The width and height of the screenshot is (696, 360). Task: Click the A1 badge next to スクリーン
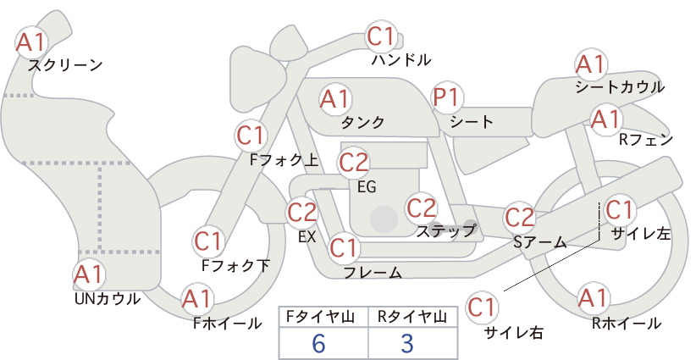click(30, 42)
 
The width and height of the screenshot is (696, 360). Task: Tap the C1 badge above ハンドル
click(381, 37)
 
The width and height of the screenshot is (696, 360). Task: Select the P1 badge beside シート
click(447, 97)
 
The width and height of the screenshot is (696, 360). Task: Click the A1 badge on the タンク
click(335, 99)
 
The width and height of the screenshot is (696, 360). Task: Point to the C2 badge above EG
click(354, 163)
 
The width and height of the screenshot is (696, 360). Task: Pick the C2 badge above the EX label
click(302, 213)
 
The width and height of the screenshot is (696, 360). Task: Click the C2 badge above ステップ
click(422, 208)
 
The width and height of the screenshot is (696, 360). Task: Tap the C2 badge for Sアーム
click(519, 218)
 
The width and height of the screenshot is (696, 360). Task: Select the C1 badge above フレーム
click(344, 247)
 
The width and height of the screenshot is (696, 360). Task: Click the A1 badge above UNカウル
click(89, 275)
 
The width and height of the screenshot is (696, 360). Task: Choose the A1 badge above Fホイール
click(196, 300)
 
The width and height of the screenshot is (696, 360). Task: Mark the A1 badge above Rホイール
click(593, 298)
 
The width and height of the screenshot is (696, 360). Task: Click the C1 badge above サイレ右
click(482, 307)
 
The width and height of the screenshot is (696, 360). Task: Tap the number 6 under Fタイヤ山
click(318, 343)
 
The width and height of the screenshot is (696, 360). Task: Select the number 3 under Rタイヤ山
click(407, 343)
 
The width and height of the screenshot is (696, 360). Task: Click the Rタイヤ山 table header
click(412, 317)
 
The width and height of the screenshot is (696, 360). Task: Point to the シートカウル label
click(620, 87)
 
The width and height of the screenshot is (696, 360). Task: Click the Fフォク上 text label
click(284, 160)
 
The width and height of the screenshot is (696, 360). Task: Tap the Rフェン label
click(646, 140)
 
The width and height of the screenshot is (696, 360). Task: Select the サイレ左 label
click(641, 234)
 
